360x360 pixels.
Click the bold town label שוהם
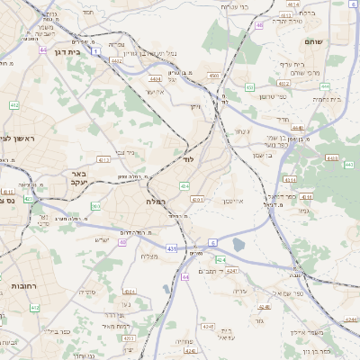coord(338,40)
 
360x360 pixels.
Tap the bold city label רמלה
coord(155,201)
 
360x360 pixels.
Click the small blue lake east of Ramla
coord(238,244)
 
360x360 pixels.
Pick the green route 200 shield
coord(95,206)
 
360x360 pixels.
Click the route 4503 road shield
coord(213,76)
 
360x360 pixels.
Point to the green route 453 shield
coord(249,87)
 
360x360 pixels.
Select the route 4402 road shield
coord(116,60)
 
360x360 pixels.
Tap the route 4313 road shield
coord(103,159)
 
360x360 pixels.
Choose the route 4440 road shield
coord(298,128)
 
